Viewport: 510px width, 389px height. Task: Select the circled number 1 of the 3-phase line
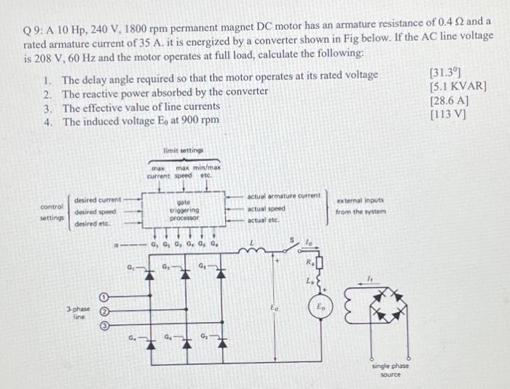(103, 297)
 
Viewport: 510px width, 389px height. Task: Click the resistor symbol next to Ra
(318, 261)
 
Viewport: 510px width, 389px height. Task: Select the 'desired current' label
(98, 198)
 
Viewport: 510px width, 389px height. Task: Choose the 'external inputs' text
(360, 200)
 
